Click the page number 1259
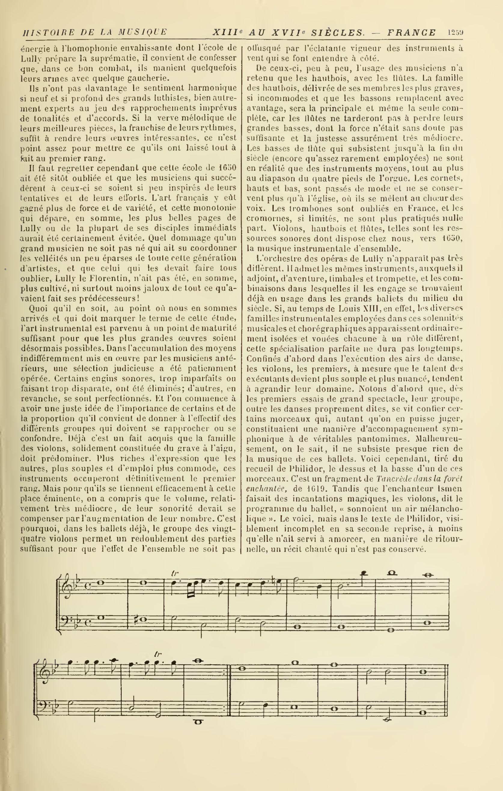coord(455,32)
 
